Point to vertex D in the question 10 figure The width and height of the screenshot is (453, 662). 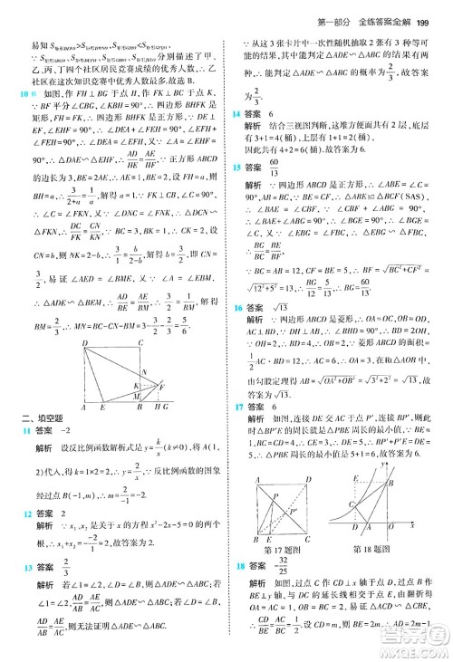[84, 344]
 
